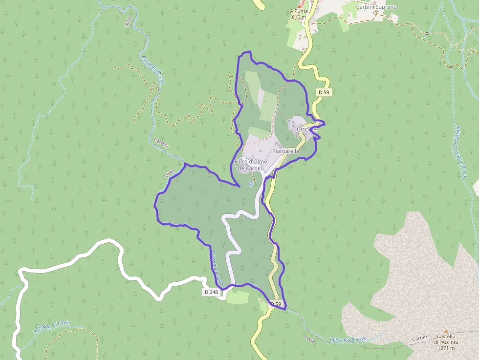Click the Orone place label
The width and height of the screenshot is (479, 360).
click(306, 129)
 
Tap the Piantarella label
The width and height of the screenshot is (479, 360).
click(285, 151)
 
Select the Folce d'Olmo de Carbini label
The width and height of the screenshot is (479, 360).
click(250, 165)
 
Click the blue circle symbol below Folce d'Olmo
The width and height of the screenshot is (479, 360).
click(251, 184)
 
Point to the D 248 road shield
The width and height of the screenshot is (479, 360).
click(211, 292)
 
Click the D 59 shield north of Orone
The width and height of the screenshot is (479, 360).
click(324, 92)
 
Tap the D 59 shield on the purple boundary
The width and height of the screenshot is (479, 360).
click(276, 304)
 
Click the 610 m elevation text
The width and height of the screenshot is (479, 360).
click(298, 17)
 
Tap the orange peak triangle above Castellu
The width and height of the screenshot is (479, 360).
click(446, 331)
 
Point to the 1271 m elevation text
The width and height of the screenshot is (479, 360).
click(446, 348)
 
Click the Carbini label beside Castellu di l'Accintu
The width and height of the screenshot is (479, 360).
click(420, 338)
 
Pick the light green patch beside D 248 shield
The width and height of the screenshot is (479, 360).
click(238, 296)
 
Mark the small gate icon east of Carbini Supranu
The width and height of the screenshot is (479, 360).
click(427, 33)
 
